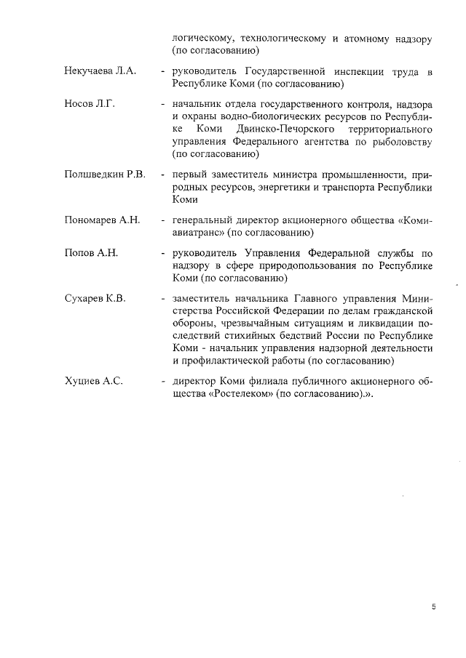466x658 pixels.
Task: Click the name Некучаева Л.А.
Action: [100, 73]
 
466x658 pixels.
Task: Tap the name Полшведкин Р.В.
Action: [105, 174]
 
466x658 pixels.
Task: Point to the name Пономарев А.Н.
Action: [103, 220]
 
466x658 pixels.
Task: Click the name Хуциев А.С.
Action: [92, 380]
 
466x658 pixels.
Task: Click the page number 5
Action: [433, 607]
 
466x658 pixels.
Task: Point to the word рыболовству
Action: [403, 140]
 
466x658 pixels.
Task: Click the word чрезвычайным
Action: [256, 323]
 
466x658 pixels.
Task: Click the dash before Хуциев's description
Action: [164, 380]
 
